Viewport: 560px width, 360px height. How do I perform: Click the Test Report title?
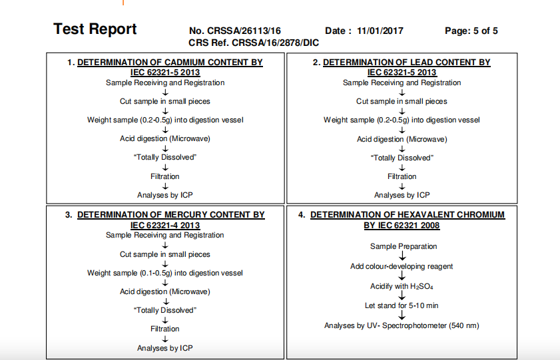pyautogui.click(x=95, y=29)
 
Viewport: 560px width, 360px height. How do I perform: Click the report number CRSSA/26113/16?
pyautogui.click(x=244, y=31)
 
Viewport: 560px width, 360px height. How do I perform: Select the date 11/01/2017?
pyautogui.click(x=380, y=31)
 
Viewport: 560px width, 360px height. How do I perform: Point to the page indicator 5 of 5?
pyautogui.click(x=483, y=31)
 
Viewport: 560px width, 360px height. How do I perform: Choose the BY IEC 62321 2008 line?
pyautogui.click(x=402, y=225)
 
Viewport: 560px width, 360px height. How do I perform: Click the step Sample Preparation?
pyautogui.click(x=404, y=246)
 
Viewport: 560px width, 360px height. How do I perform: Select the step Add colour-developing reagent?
pyautogui.click(x=402, y=266)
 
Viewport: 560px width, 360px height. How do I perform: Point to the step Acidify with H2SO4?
pyautogui.click(x=402, y=286)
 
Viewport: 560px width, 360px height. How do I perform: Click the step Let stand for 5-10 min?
pyautogui.click(x=402, y=305)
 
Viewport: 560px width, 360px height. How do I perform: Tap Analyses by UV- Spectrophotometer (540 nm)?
pyautogui.click(x=402, y=325)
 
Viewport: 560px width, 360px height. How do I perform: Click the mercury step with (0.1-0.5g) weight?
pyautogui.click(x=165, y=273)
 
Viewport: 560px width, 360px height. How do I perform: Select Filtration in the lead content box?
pyautogui.click(x=402, y=176)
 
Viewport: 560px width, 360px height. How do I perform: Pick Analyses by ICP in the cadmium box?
pyautogui.click(x=165, y=195)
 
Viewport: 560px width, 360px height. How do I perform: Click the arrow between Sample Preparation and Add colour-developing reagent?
pyautogui.click(x=402, y=256)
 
